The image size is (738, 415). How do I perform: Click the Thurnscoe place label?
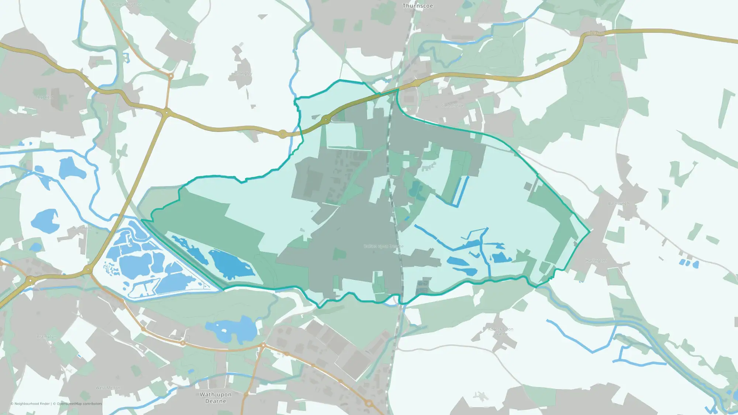(x=418, y=6)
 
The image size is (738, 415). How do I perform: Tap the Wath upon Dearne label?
(x=215, y=398)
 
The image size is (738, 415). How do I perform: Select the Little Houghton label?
(x=127, y=4)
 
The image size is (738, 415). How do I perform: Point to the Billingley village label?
(x=243, y=73)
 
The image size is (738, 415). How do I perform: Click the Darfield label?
(x=45, y=97)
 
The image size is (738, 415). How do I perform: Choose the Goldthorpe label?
(x=452, y=106)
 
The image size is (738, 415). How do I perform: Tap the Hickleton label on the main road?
(x=596, y=33)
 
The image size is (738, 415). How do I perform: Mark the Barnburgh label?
(x=618, y=204)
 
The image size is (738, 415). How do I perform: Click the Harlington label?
(x=596, y=260)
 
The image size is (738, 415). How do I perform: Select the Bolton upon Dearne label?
(x=383, y=246)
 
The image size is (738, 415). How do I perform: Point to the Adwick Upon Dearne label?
(x=500, y=331)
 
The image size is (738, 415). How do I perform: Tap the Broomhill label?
(x=82, y=228)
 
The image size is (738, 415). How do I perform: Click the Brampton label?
(x=46, y=336)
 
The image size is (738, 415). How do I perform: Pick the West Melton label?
(x=108, y=388)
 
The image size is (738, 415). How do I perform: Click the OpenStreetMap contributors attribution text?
(x=79, y=404)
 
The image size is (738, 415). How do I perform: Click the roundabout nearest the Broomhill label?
(x=88, y=270)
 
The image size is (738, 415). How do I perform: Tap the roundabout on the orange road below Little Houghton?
(x=170, y=76)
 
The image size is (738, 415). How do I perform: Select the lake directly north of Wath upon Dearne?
(x=232, y=329)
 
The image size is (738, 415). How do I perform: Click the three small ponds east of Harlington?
(x=689, y=263)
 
